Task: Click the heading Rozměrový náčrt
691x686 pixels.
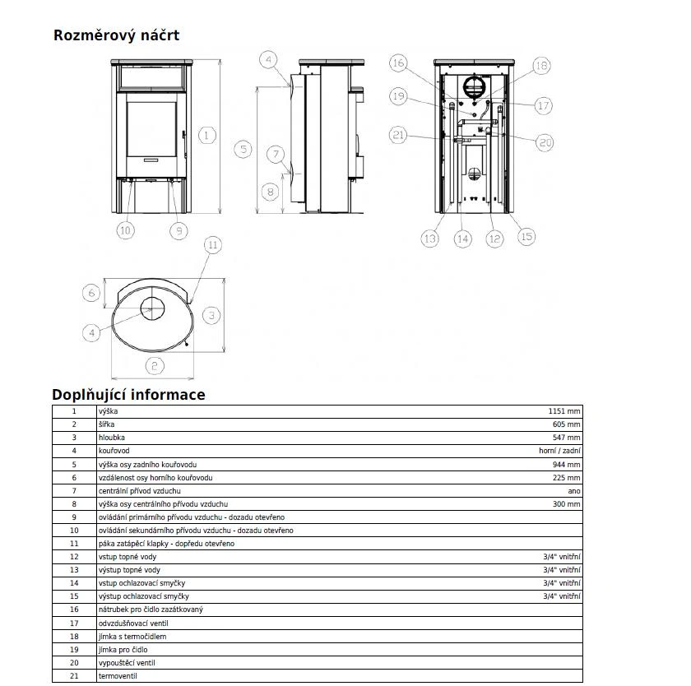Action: (116, 35)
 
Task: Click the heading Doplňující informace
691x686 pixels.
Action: (128, 395)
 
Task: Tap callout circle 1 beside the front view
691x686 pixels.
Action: (206, 134)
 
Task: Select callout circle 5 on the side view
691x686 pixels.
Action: (242, 149)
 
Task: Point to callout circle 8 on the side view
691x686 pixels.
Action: (271, 192)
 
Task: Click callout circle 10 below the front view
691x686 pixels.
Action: (125, 230)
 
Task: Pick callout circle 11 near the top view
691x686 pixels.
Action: (212, 245)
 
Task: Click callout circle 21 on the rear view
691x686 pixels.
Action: (398, 134)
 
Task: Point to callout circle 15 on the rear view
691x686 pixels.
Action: (526, 236)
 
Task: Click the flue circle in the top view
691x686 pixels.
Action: (152, 309)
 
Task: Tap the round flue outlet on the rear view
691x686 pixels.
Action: (475, 86)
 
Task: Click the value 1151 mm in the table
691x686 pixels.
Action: (564, 411)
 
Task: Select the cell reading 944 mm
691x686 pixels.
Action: (567, 465)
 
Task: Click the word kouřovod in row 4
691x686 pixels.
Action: (114, 451)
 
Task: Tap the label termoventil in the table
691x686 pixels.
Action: (116, 675)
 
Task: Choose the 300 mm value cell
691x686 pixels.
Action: (567, 504)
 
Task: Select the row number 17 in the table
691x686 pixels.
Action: (74, 623)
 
